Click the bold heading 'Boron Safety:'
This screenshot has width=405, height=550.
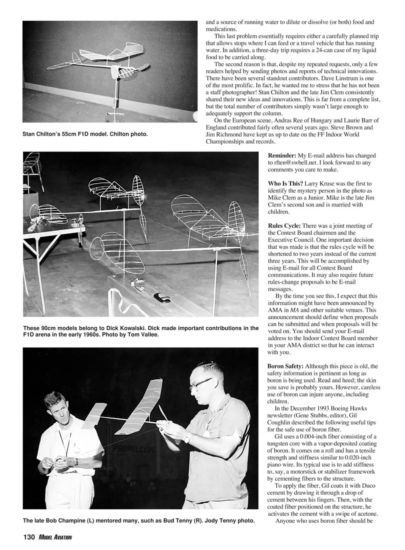coord(285,366)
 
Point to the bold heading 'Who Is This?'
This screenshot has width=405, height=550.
coord(285,184)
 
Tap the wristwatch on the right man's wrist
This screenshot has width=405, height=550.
coord(187,439)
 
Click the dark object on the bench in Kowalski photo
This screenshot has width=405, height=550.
coord(162,297)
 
